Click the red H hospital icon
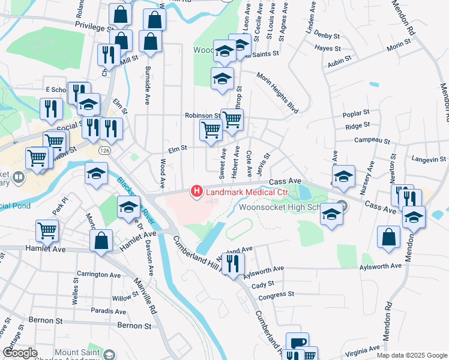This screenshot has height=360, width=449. [196, 191]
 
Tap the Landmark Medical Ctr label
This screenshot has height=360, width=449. [247, 192]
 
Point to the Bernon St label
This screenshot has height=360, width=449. [134, 325]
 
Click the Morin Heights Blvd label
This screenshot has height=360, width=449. [277, 86]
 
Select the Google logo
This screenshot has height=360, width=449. [20, 353]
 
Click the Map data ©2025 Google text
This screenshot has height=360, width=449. [412, 355]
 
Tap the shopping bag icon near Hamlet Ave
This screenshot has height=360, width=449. [101, 241]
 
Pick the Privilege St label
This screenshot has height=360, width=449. [94, 27]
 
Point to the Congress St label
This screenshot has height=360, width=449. [276, 295]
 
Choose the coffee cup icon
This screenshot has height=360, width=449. [297, 342]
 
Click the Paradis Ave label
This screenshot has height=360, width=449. [108, 311]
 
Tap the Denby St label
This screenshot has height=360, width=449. [327, 36]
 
